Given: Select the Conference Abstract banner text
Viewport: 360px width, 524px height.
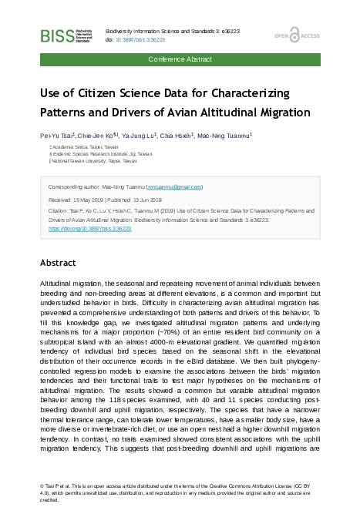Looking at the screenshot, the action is click(x=180, y=59).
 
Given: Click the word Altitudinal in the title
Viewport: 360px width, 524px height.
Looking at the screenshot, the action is click(x=235, y=113).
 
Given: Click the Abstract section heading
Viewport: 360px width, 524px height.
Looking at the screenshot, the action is click(x=58, y=263).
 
